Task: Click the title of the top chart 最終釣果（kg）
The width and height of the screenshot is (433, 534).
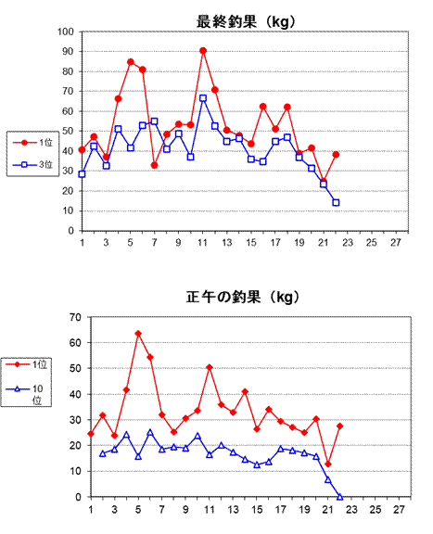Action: point(246,22)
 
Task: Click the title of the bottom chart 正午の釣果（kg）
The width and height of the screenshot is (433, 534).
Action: point(243,297)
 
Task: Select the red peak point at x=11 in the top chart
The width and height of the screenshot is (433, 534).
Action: point(203,51)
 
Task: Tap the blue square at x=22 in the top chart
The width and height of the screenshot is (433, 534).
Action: point(336,203)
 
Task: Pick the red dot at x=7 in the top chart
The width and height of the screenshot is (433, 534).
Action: point(154,165)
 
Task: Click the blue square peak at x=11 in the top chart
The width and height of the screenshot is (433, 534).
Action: point(203,98)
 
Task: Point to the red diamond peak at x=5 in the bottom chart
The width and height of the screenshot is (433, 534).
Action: point(138,334)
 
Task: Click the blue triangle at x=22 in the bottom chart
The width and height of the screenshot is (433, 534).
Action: point(339,497)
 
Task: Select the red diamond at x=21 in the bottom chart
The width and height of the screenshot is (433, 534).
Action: point(328,464)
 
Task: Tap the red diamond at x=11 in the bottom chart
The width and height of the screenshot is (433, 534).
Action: point(210,367)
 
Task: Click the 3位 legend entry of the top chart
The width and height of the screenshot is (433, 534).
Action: point(32,164)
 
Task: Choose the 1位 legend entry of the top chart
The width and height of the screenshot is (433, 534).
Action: point(32,143)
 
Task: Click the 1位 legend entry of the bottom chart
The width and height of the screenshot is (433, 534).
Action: point(26,364)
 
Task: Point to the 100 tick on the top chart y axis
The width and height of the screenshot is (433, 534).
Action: point(66,32)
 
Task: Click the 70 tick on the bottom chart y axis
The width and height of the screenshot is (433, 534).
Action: point(75,317)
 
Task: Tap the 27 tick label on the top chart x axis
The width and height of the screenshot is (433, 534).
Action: point(396,243)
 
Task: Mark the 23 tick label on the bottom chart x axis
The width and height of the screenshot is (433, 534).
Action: point(351,510)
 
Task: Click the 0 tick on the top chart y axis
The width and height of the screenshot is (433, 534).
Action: point(70,231)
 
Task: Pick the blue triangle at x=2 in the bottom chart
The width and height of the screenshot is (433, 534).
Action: point(103,453)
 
